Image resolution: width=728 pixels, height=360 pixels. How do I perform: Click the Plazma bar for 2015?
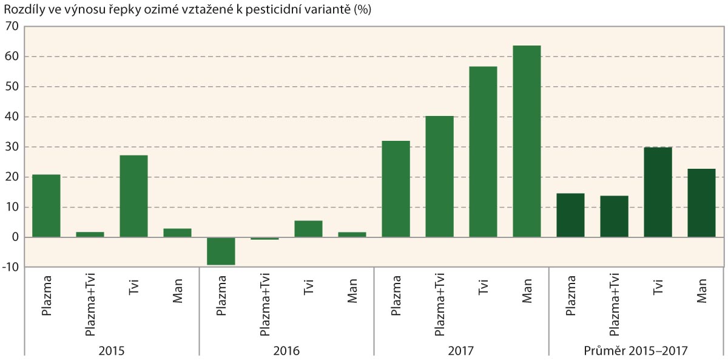pyautogui.click(x=46, y=206)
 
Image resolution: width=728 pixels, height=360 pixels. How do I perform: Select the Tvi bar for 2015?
pyautogui.click(x=133, y=196)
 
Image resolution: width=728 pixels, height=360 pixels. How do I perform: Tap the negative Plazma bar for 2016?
pyautogui.click(x=221, y=251)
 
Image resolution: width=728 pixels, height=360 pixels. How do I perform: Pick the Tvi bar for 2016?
pyautogui.click(x=308, y=229)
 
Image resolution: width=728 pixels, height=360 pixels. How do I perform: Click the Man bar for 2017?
pyautogui.click(x=527, y=141)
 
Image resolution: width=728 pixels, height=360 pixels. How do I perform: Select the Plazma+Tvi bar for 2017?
pyautogui.click(x=439, y=177)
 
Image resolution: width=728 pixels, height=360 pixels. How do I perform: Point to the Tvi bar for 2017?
pyautogui.click(x=483, y=152)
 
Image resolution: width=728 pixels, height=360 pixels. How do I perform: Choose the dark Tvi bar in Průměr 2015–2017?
pyautogui.click(x=658, y=192)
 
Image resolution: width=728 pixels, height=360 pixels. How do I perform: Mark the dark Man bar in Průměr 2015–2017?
pyautogui.click(x=701, y=203)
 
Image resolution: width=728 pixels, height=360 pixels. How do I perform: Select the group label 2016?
pyautogui.click(x=286, y=350)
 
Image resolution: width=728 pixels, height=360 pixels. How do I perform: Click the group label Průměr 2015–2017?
pyautogui.click(x=636, y=350)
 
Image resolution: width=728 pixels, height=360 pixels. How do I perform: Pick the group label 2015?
pyautogui.click(x=112, y=350)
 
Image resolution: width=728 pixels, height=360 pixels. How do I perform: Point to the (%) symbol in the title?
pyautogui.click(x=362, y=10)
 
